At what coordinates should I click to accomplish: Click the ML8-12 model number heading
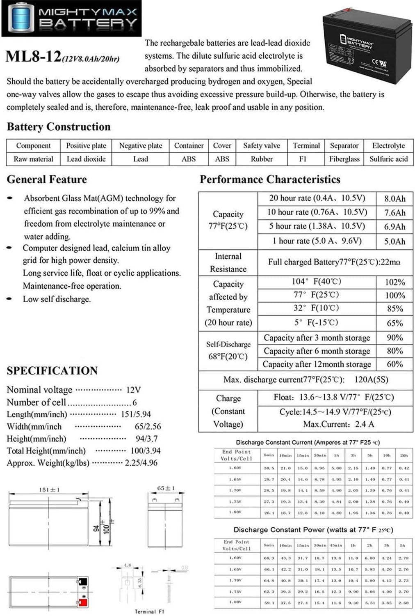pos(33,57)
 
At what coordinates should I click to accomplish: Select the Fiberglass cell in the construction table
pos(344,159)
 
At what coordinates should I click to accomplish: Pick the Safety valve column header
pos(261,146)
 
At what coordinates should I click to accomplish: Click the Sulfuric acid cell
pos(388,159)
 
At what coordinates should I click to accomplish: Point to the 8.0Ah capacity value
pos(394,199)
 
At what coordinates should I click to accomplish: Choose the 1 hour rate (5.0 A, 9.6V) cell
pos(317,241)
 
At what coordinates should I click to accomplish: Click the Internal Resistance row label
pos(228,263)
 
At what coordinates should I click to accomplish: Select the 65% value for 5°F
pos(394,323)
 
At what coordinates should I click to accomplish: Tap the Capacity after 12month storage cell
pos(317,364)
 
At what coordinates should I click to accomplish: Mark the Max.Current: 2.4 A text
pos(338,424)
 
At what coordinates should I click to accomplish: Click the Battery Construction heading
pos(59,127)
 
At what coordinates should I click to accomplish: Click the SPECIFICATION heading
pos(52,371)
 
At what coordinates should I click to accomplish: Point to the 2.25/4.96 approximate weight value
pos(141,463)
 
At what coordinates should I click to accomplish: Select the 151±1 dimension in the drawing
pos(49,490)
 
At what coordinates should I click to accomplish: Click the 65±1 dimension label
pos(166,488)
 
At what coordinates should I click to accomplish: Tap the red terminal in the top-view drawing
pos(82,602)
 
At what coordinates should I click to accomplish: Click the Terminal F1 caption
pos(149,611)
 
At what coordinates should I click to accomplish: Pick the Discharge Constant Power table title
pos(313,530)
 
